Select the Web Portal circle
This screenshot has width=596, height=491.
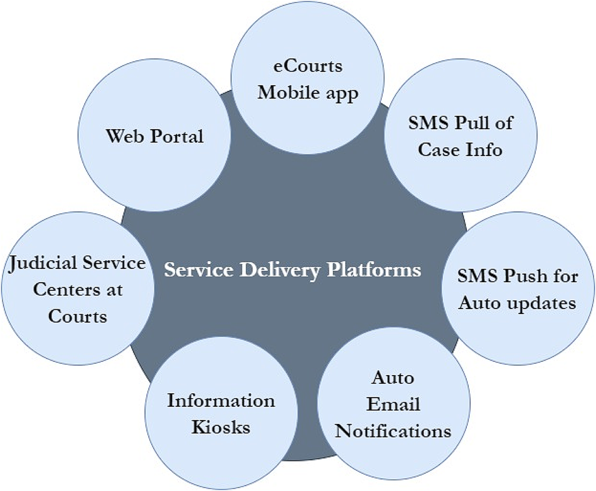pos(154,135)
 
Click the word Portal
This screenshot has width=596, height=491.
pos(180,135)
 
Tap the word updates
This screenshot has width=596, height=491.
pos(542,303)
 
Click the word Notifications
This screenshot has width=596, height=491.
pos(393,431)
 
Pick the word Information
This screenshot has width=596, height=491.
pos(221,401)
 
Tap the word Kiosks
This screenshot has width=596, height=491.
pos(221,428)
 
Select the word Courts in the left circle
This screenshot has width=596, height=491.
pos(78,316)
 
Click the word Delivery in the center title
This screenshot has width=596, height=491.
pos(278,270)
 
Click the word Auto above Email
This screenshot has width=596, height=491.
pos(393,378)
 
